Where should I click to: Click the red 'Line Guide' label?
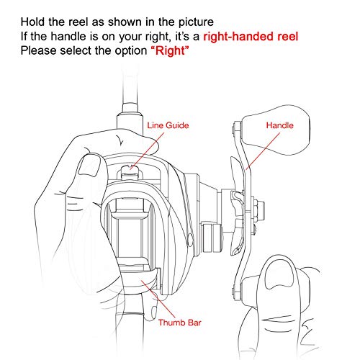coord(168,125)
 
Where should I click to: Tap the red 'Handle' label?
coord(280,125)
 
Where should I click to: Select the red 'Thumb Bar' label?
coord(179,323)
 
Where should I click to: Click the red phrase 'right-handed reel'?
coord(251,37)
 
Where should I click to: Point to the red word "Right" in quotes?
coord(170,50)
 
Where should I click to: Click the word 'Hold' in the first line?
coord(32,22)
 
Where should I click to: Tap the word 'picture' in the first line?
coord(196,22)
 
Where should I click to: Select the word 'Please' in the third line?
coord(38,50)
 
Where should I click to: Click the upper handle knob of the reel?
coord(276,130)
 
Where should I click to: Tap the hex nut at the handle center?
coord(259,208)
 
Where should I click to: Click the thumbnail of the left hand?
coord(89,166)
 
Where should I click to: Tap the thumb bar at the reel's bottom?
coord(141,280)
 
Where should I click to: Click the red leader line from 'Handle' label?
coord(264,151)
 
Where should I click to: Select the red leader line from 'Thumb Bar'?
coord(158,299)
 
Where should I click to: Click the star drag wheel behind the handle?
coord(237,207)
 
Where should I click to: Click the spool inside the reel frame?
coord(130,236)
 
